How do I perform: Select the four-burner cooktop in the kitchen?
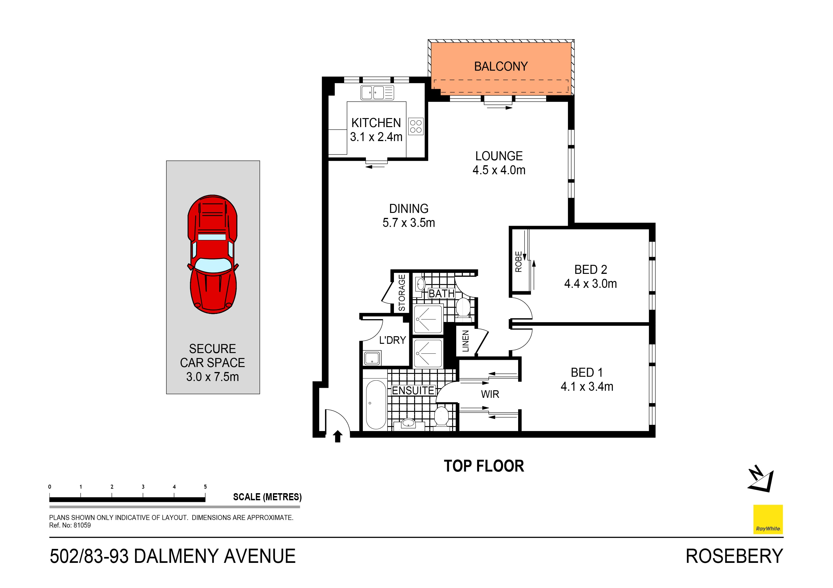(416, 126)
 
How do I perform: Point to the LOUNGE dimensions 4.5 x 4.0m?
(499, 170)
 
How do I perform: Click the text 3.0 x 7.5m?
(213, 377)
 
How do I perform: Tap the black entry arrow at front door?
(338, 436)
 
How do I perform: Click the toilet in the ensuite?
(441, 417)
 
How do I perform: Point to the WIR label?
(490, 394)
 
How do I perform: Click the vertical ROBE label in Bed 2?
(518, 262)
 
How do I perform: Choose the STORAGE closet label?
(402, 293)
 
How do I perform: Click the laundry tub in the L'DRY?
(372, 358)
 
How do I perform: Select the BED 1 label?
(587, 372)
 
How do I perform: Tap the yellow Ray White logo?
(768, 519)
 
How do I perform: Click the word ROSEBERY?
(734, 556)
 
